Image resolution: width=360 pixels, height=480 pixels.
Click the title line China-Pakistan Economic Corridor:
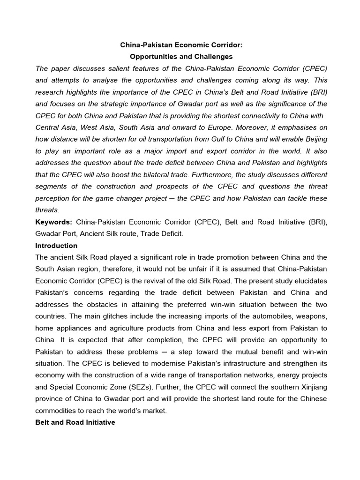pyautogui.click(x=181, y=45)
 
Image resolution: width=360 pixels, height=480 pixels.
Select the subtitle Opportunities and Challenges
pyautogui.click(x=181, y=57)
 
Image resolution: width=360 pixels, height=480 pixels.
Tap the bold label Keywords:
pyautogui.click(x=53, y=221)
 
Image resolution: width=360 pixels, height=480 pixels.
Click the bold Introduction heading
pyautogui.click(x=56, y=246)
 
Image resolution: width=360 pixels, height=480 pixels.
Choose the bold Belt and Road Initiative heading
pyautogui.click(x=75, y=422)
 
